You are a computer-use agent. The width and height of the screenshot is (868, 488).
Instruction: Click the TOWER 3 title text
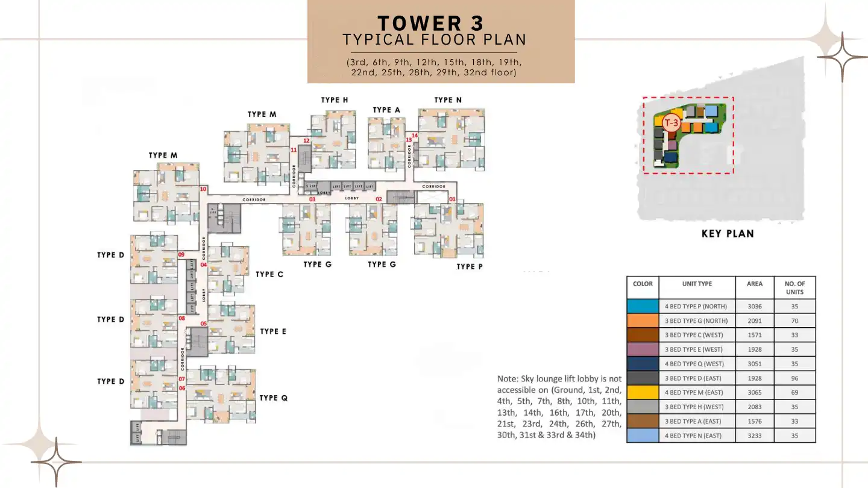430,23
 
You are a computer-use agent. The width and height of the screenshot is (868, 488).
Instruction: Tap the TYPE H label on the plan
335,100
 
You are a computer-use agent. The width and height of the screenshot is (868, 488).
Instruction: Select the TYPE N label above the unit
448,100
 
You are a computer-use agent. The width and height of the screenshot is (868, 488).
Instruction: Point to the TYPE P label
470,266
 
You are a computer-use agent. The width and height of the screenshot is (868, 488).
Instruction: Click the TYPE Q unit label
274,398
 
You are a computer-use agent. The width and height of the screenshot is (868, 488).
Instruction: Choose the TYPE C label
269,274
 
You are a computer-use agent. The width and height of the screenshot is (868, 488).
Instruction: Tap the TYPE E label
273,331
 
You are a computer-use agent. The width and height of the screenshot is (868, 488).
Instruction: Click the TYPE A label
386,110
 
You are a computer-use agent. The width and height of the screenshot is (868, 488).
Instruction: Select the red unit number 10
203,189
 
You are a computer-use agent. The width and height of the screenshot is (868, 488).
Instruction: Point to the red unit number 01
452,199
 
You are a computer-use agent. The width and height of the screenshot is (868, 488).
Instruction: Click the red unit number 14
415,136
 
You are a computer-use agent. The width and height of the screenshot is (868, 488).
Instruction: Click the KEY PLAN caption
728,234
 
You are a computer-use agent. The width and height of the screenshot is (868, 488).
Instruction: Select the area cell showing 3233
755,436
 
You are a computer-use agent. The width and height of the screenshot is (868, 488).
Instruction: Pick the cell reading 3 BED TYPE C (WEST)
697,335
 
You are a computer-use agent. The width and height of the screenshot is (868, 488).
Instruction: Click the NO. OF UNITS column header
794,287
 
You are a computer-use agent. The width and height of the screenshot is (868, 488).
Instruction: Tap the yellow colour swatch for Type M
643,392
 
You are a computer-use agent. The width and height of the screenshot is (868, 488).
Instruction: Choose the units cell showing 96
794,378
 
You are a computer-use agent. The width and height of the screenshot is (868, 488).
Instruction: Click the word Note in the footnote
508,379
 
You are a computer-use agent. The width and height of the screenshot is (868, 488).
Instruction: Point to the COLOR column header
643,284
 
